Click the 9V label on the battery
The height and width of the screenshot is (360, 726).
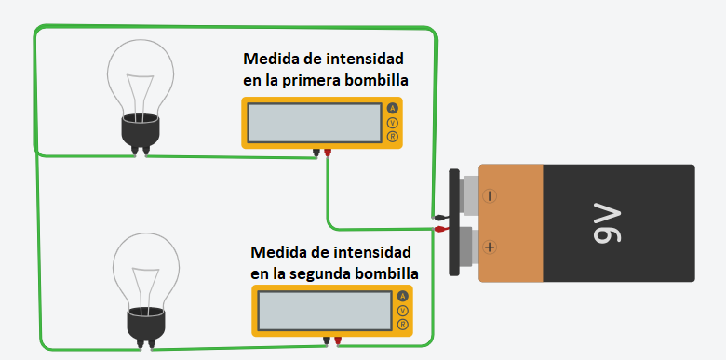point(611,223)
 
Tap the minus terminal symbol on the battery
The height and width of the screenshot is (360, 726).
point(490,196)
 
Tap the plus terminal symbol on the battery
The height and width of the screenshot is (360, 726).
point(490,247)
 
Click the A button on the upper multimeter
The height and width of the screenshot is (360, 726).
point(392,109)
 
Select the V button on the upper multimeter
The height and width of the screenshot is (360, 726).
point(392,123)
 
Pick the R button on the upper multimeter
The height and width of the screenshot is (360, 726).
point(392,137)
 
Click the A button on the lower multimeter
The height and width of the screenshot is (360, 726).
point(402,297)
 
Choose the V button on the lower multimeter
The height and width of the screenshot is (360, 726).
point(402,311)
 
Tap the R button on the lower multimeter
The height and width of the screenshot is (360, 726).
point(402,325)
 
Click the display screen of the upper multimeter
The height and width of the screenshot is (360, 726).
point(315,123)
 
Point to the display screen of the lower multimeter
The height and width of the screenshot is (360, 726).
point(325,311)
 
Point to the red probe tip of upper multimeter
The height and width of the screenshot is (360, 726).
point(329,152)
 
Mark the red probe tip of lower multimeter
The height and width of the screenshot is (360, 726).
point(338,340)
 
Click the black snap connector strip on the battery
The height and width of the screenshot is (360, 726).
point(454,221)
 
